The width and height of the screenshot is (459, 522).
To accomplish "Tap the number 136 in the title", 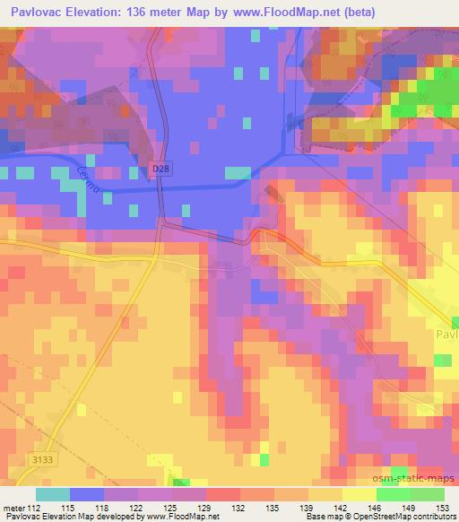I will tap(143, 12).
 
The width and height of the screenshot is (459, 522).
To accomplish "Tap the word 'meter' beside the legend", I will tap(13, 507).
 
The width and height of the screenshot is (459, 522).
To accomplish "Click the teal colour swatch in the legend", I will tap(52, 494).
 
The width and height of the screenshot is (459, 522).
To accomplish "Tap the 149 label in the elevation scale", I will tap(408, 507).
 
